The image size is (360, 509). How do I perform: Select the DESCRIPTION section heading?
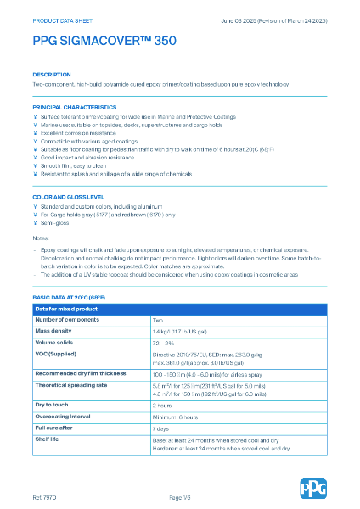52,75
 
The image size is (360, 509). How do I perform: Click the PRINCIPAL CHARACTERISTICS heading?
75,108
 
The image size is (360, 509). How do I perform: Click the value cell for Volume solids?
164,342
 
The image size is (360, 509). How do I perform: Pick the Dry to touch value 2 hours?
163,406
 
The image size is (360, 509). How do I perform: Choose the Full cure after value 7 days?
161,428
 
